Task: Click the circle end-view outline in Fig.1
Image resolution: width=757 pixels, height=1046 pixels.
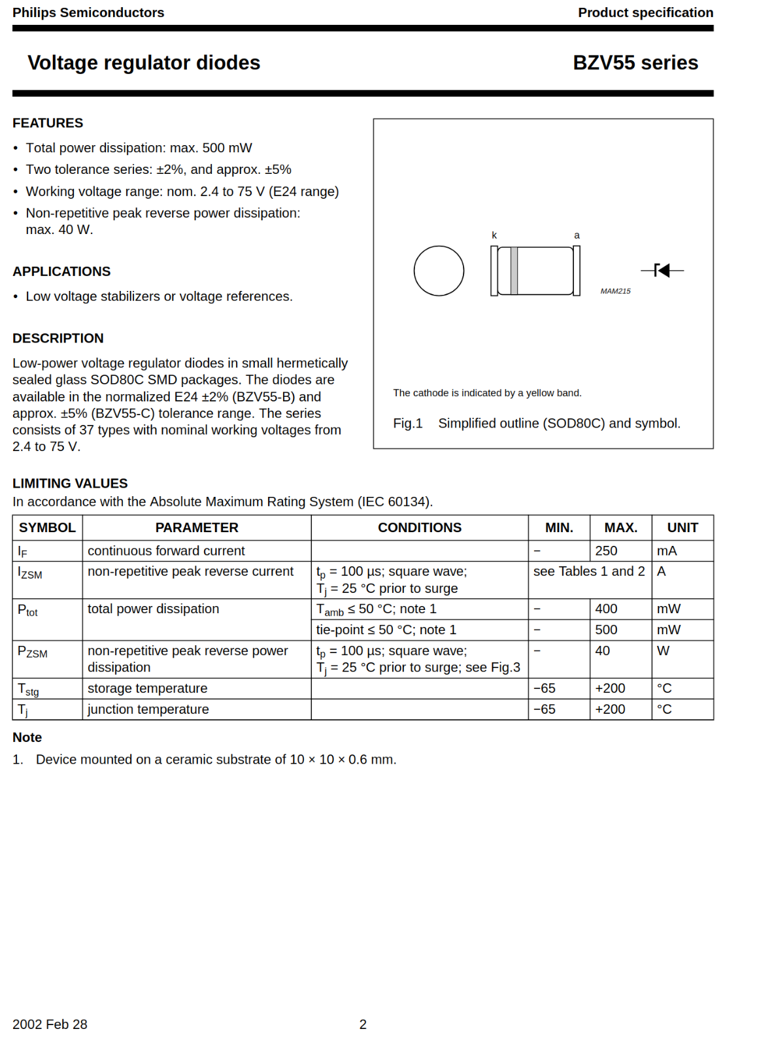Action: (439, 271)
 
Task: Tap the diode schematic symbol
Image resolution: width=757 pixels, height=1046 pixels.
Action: (662, 270)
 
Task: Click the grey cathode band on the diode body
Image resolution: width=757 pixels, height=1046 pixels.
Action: (514, 271)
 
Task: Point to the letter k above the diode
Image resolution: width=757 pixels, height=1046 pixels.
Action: (494, 235)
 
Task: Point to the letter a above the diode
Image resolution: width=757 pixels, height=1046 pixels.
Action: (577, 235)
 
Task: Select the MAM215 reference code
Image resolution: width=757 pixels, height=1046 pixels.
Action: (615, 291)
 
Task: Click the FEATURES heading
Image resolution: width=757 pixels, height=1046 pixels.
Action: (48, 123)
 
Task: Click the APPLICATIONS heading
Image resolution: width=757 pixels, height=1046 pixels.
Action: (61, 271)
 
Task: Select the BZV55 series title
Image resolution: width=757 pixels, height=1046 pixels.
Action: (635, 63)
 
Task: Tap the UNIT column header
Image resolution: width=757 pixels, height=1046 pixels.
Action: (682, 528)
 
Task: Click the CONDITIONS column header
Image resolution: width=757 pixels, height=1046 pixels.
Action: (419, 528)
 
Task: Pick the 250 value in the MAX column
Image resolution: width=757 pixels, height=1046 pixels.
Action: (606, 551)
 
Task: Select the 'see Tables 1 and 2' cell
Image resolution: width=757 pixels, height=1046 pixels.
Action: (588, 571)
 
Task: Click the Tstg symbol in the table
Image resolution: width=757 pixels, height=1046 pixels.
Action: (28, 689)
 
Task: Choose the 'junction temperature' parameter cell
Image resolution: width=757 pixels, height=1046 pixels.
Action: (148, 709)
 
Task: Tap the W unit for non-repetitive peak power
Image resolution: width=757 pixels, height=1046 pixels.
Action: (663, 651)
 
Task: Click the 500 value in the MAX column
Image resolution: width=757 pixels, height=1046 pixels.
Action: (606, 630)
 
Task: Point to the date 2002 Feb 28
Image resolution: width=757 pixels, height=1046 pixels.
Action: (50, 1024)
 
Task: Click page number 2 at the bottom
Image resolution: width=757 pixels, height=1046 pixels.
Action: (363, 1024)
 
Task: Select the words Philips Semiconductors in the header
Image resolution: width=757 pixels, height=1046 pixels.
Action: (88, 12)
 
